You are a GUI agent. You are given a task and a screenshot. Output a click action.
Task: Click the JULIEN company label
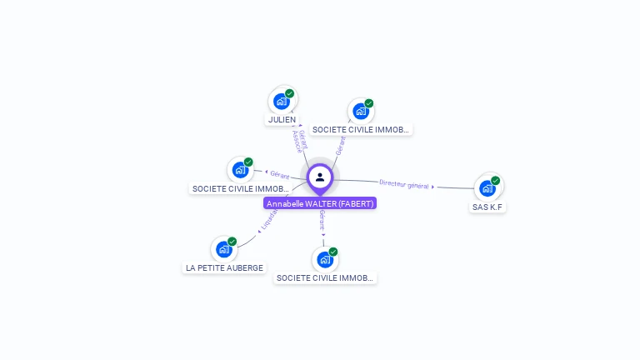click(282, 120)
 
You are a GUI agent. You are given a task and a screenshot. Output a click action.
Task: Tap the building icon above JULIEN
click(281, 102)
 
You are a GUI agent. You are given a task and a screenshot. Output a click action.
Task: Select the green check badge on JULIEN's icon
click(289, 93)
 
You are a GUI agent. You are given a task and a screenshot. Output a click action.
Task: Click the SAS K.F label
click(487, 207)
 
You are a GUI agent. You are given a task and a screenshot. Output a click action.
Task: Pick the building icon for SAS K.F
click(487, 188)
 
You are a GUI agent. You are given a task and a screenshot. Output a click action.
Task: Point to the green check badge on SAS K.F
click(495, 180)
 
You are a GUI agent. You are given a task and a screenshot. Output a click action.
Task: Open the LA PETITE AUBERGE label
click(224, 268)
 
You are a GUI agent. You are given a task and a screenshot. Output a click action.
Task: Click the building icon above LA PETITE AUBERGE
click(223, 249)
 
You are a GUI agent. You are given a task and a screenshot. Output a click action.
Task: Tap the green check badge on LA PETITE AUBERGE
click(232, 242)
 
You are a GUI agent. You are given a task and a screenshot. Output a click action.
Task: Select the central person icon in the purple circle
click(320, 177)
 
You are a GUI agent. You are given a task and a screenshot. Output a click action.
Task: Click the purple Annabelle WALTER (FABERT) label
click(320, 203)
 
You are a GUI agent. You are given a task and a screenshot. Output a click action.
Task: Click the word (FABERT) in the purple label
click(357, 203)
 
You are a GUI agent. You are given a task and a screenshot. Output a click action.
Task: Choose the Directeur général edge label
click(403, 184)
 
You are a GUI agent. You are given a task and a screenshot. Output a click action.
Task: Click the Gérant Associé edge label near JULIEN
click(301, 139)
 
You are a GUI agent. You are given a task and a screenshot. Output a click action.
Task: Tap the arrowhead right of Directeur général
click(433, 187)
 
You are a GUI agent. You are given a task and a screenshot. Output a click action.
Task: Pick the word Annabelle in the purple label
click(285, 203)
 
